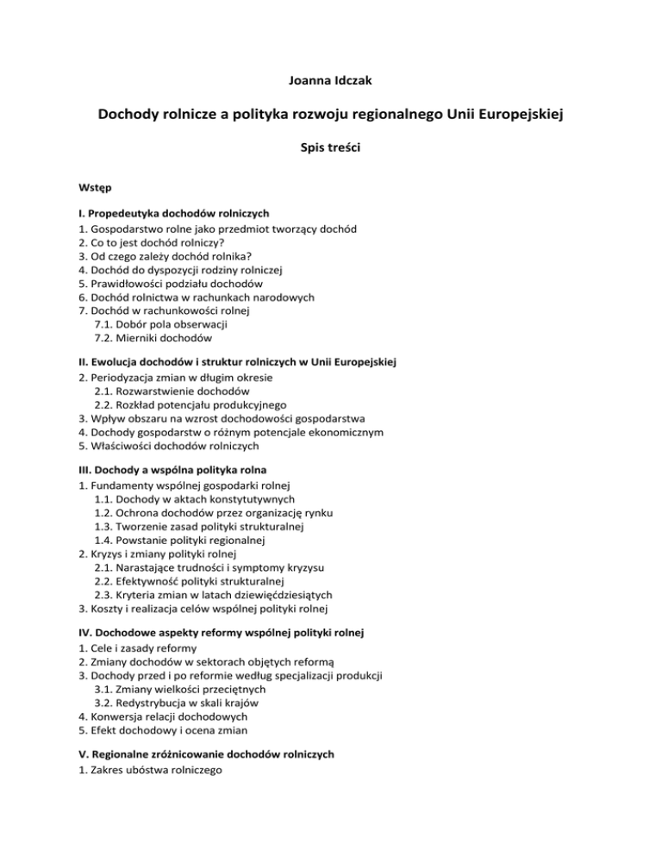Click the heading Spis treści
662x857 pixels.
[x=330, y=148]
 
